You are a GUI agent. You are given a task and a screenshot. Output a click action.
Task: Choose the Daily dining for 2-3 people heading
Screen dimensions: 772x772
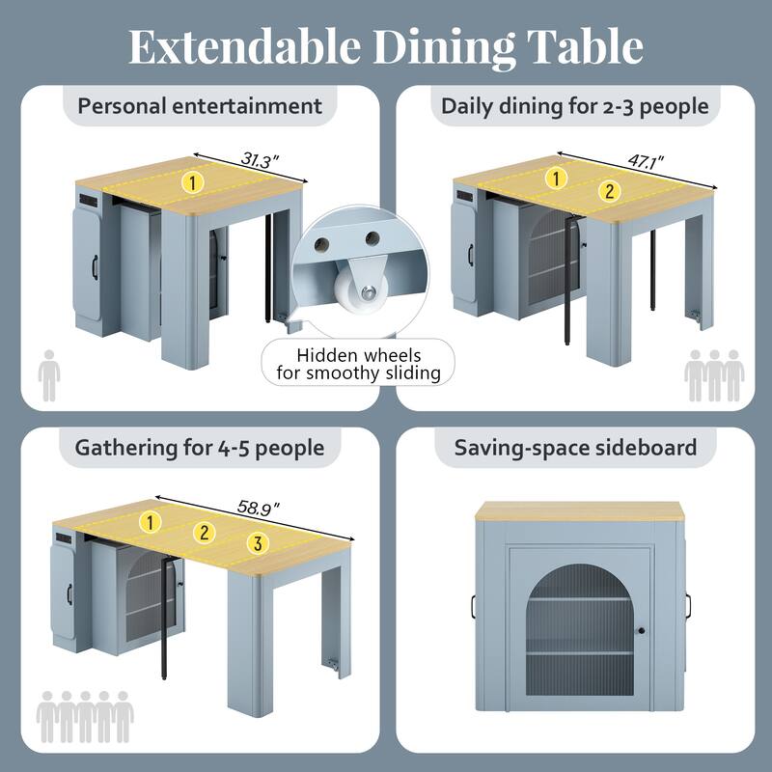(575, 105)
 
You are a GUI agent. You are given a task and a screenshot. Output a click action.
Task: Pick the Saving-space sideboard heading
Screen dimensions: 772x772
(575, 448)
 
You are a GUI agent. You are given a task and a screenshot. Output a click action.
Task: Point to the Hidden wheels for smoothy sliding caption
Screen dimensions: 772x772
(358, 364)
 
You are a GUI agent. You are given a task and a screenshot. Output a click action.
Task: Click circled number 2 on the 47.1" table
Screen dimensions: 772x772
(609, 191)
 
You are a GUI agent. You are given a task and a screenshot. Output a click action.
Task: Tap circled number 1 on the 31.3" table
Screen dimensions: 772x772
(193, 180)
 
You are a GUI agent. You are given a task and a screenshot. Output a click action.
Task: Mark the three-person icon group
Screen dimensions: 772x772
(714, 375)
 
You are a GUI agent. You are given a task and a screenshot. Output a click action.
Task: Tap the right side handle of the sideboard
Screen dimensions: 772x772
(692, 606)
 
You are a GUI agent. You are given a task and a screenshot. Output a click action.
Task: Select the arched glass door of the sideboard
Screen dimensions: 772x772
(581, 627)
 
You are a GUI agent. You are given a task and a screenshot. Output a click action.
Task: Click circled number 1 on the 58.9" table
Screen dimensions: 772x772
(151, 522)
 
